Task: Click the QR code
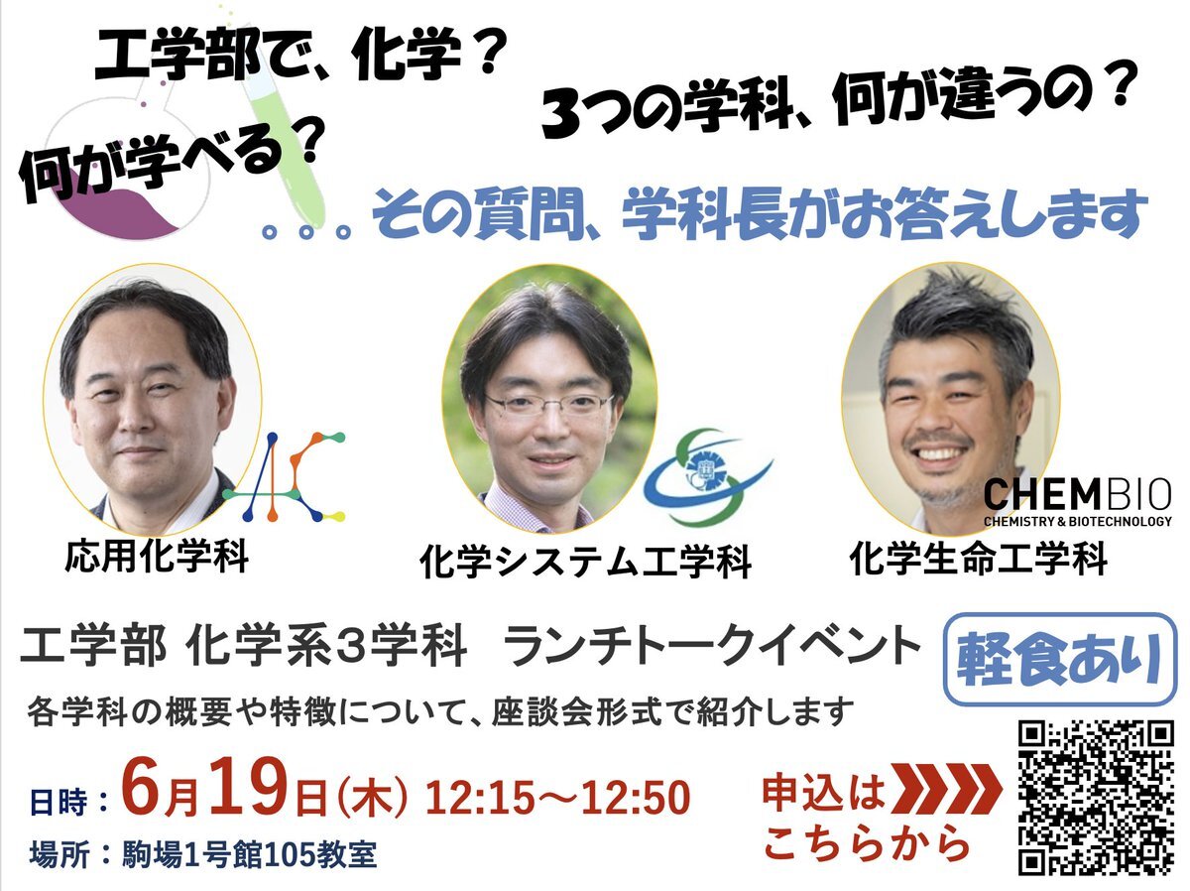pyautogui.click(x=1096, y=797)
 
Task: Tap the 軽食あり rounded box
pyautogui.click(x=1061, y=659)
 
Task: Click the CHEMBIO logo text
pyautogui.click(x=1078, y=502)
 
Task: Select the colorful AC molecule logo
pyautogui.click(x=285, y=476)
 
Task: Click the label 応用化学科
pyautogui.click(x=158, y=557)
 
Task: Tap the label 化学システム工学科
pyautogui.click(x=585, y=563)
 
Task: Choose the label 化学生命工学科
pyautogui.click(x=979, y=559)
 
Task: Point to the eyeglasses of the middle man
pyautogui.click(x=549, y=403)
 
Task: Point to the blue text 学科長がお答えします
pyautogui.click(x=885, y=215)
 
